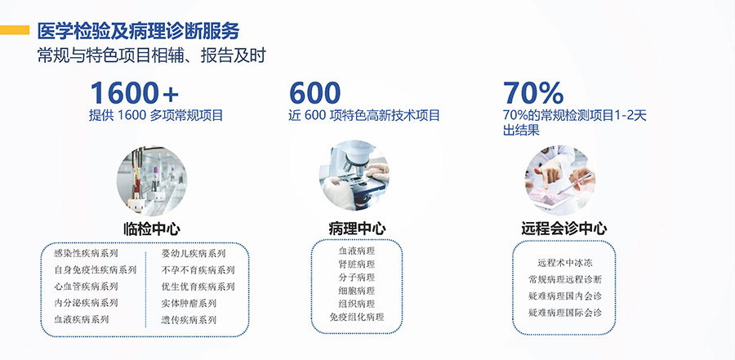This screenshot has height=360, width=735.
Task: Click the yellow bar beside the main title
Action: (x=15, y=30)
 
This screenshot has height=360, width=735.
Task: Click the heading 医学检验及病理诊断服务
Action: (x=138, y=30)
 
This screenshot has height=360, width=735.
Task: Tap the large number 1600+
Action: (x=135, y=92)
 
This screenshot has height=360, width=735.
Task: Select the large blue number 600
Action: (x=315, y=92)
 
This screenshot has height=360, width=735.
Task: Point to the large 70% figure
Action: (x=533, y=92)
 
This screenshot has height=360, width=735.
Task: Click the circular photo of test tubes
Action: (x=151, y=180)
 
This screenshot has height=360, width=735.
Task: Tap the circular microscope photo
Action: (x=354, y=175)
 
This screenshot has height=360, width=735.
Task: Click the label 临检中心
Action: (x=152, y=229)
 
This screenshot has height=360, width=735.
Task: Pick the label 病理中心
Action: (x=357, y=229)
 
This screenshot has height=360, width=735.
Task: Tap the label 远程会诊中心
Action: (x=563, y=229)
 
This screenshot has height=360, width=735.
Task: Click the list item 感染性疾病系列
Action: (x=86, y=254)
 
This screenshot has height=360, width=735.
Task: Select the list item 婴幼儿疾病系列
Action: (x=194, y=254)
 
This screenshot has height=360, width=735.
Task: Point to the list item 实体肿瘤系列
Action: (x=189, y=304)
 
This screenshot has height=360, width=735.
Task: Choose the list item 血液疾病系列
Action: (x=82, y=320)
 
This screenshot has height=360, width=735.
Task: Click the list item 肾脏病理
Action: (x=357, y=264)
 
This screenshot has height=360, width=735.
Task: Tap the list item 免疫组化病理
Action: (x=357, y=318)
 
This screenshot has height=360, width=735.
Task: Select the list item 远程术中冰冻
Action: (x=564, y=263)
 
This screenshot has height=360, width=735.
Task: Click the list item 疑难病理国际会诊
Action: (x=564, y=313)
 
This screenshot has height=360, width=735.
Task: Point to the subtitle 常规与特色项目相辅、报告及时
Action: (x=151, y=56)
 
